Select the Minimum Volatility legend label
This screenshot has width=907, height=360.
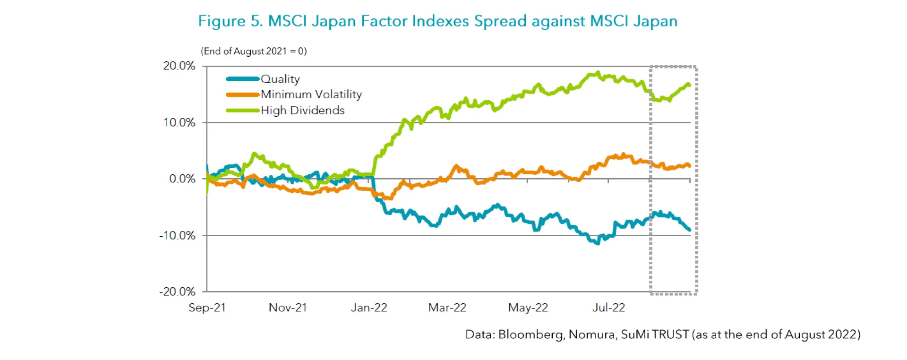(x=311, y=94)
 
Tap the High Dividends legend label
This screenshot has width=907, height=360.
(x=302, y=111)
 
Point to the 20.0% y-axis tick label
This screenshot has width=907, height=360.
(x=179, y=66)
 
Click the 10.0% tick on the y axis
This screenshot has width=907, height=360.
(x=179, y=122)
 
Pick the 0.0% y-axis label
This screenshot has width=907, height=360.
(x=182, y=179)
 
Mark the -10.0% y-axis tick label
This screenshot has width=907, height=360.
(x=177, y=235)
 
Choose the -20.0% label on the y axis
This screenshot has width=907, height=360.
(x=177, y=291)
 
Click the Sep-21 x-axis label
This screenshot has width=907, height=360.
(x=207, y=308)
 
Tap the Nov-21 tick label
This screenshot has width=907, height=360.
(x=288, y=308)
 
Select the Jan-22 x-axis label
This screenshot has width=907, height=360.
(x=369, y=308)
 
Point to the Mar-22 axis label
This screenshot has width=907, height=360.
(x=447, y=308)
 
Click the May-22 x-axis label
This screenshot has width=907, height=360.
(x=528, y=308)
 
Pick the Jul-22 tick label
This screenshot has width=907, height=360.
(x=608, y=308)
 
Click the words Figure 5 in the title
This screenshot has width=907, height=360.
(x=230, y=21)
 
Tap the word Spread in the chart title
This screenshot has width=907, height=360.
(x=500, y=21)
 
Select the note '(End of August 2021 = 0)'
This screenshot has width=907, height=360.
(x=254, y=51)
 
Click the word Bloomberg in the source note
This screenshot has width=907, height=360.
(x=531, y=334)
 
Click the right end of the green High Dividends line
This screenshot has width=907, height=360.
(x=689, y=85)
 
